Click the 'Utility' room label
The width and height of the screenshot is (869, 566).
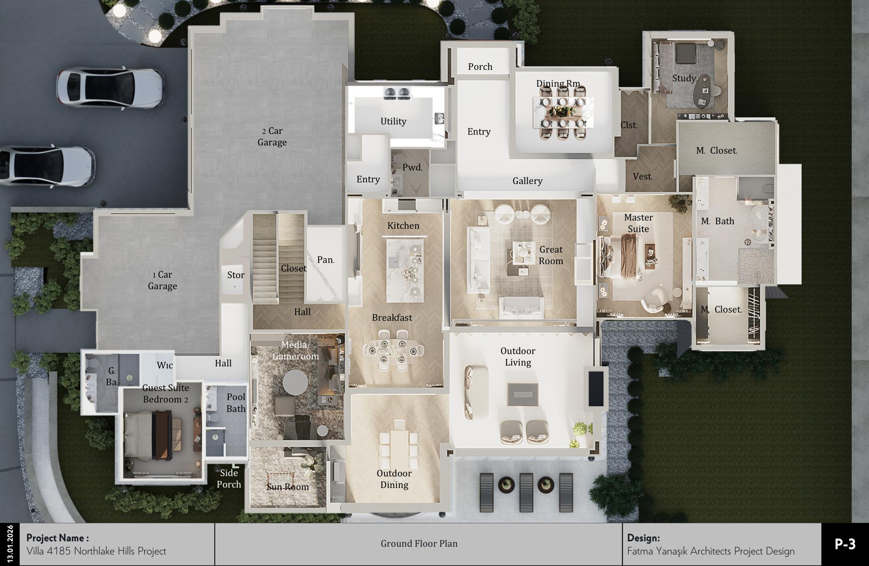pos(393,121)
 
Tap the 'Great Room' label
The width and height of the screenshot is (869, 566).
pos(551,255)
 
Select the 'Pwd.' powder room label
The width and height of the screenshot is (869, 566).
pos(412,167)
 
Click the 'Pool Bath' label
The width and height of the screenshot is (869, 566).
pos(236,403)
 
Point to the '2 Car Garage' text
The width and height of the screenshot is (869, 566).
pos(272,137)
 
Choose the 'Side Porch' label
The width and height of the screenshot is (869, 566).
pos(229,479)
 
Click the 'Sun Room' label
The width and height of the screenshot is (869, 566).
pos(288,487)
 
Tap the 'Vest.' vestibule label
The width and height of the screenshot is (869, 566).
pos(642,177)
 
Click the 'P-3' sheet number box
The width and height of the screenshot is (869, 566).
pos(845,544)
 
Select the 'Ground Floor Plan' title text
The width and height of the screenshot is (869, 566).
pos(419,543)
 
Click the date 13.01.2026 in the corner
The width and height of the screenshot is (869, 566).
pos(10,544)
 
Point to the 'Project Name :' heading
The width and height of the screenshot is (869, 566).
pos(58,538)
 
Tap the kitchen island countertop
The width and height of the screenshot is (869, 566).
pos(404,270)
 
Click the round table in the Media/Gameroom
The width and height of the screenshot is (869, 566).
pos(295,382)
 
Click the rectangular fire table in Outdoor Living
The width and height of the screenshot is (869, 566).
pos(523,394)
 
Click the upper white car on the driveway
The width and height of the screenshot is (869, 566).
pos(111,87)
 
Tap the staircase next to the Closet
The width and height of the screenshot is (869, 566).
pos(266,259)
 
